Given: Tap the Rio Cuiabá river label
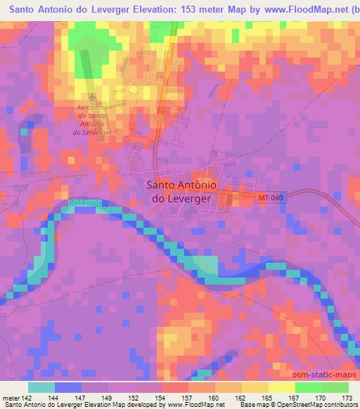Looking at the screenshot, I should [89, 203].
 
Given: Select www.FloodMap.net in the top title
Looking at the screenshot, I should [302, 11].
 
